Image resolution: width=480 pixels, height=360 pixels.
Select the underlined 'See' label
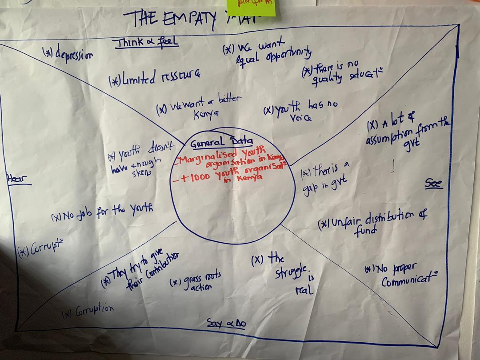coord(433,184)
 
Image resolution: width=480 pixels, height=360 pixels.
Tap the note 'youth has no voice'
coord(301,111)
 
